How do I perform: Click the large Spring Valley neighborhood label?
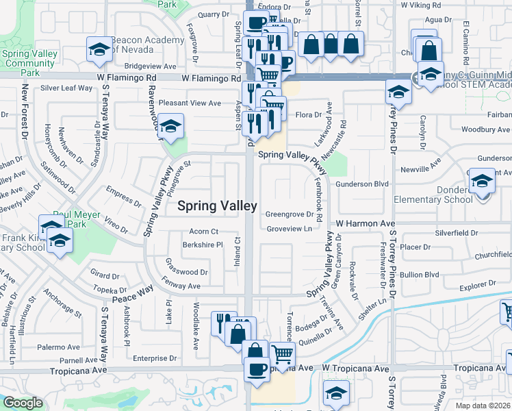(x=218, y=206)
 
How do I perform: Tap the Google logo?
(x=23, y=403)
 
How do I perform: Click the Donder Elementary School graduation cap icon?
(x=482, y=182)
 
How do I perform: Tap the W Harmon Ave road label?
(x=365, y=224)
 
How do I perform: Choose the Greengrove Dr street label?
(x=288, y=214)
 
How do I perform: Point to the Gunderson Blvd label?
(x=362, y=184)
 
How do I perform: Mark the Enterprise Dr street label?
(x=155, y=358)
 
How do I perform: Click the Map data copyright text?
(x=483, y=406)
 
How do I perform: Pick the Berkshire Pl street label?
(x=202, y=245)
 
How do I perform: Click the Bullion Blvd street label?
(x=420, y=275)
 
